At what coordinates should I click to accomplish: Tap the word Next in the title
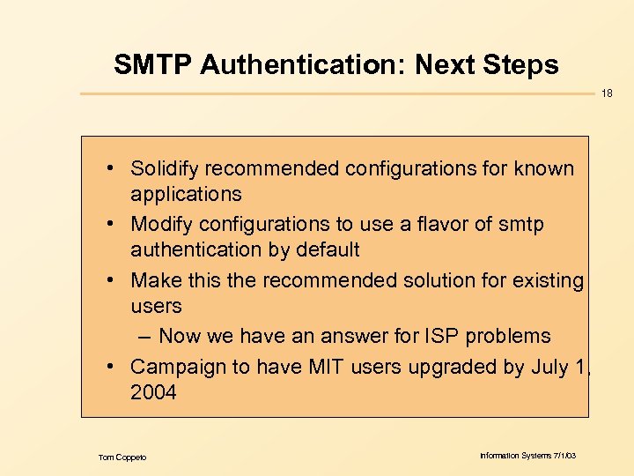[x=447, y=64]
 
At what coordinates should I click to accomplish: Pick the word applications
[x=186, y=194]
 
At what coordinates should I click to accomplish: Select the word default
[x=328, y=249]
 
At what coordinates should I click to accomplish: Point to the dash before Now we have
[x=145, y=336]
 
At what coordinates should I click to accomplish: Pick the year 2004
[x=153, y=392]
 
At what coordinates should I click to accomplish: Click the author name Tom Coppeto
[x=122, y=457]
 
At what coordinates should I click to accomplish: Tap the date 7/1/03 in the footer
[x=562, y=456]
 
